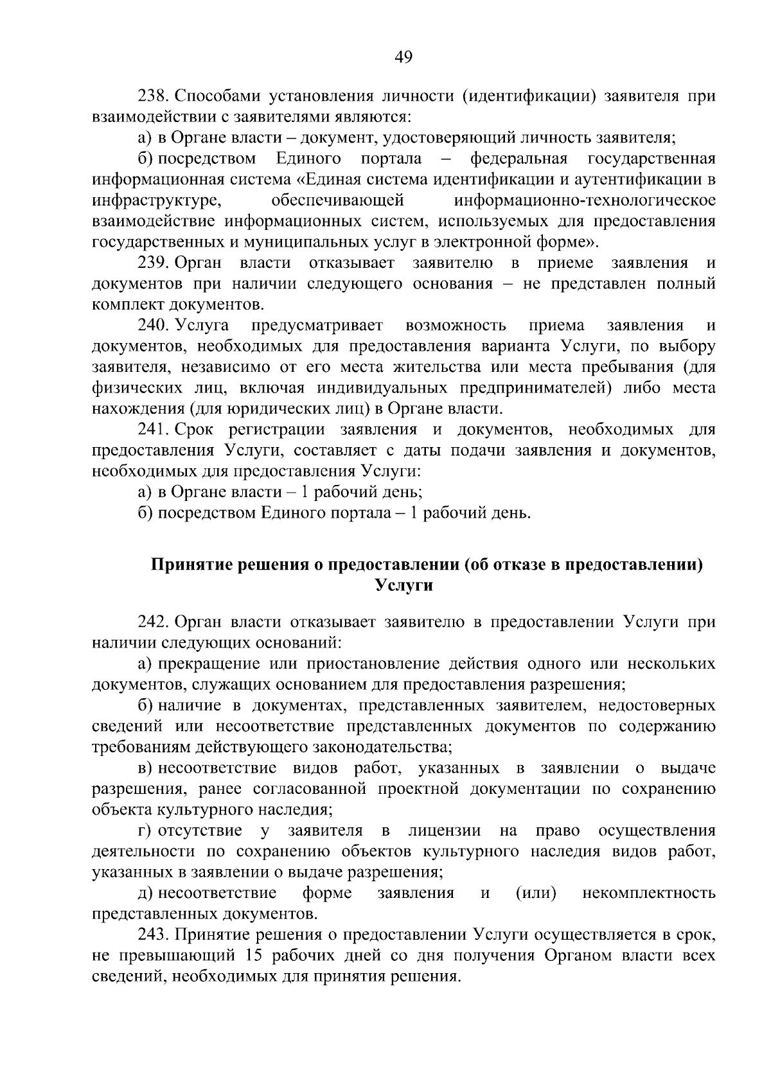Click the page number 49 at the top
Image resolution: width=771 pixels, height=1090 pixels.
[403, 58]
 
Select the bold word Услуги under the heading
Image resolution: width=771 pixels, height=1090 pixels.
[403, 586]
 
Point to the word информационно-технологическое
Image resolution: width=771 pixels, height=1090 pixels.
[585, 200]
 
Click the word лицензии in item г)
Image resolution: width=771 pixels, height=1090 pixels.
[444, 831]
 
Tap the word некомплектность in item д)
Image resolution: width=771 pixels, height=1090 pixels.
[648, 893]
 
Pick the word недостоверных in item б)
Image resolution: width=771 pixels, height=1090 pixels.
[657, 705]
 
